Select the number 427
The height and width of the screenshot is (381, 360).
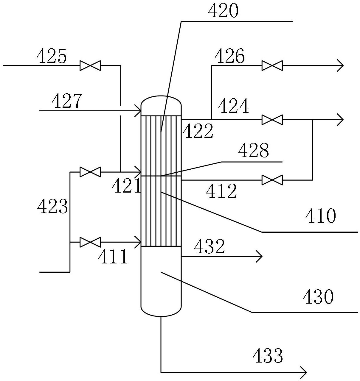click(x=66, y=101)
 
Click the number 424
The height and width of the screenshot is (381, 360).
click(x=233, y=106)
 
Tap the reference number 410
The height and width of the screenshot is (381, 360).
click(x=321, y=216)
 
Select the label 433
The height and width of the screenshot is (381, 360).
click(x=268, y=355)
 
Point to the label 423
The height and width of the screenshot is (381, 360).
click(x=52, y=206)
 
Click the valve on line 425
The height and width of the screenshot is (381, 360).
click(x=90, y=65)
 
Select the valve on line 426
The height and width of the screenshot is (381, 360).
click(x=272, y=65)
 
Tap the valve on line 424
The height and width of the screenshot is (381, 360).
click(x=272, y=120)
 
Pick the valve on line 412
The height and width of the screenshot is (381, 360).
click(x=272, y=180)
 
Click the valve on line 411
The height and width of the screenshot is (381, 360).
click(x=90, y=242)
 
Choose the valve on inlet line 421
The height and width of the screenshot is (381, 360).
click(x=90, y=172)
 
